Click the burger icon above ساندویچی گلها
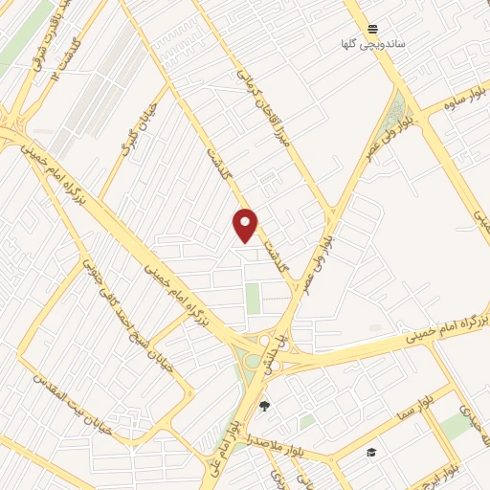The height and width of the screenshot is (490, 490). tap(372, 29)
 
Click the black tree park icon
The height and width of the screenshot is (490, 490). tap(264, 406)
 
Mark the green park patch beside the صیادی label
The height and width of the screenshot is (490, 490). tap(457, 427)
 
